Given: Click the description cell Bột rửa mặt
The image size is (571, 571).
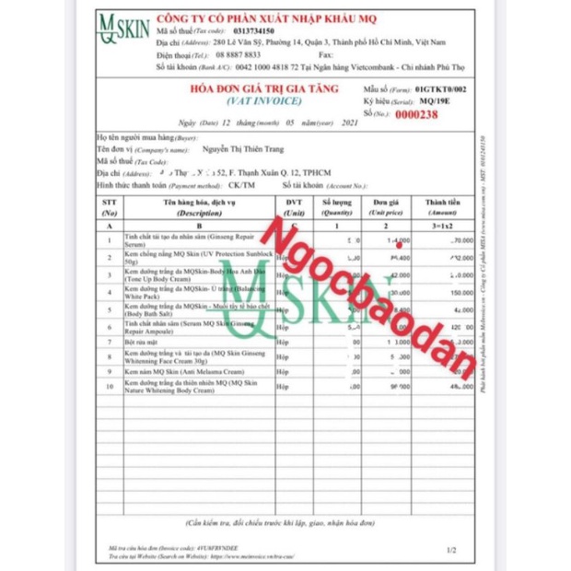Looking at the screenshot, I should pos(143,341).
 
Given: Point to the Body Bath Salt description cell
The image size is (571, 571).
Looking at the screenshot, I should pos(175,310).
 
